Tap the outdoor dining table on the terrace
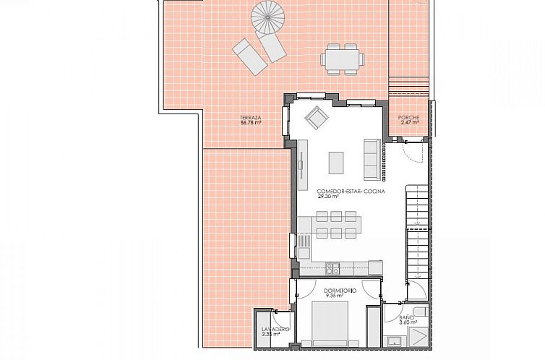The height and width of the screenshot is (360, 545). click(x=342, y=59)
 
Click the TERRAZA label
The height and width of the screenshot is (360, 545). click(x=250, y=117)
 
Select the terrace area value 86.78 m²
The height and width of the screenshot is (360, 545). click(x=250, y=123)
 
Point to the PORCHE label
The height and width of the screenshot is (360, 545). click(x=408, y=118)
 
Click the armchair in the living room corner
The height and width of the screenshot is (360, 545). click(x=316, y=116)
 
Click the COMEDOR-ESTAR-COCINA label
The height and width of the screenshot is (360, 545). click(x=351, y=191)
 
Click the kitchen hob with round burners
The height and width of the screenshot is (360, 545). click(x=332, y=268)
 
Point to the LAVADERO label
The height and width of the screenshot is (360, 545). click(x=275, y=330)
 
